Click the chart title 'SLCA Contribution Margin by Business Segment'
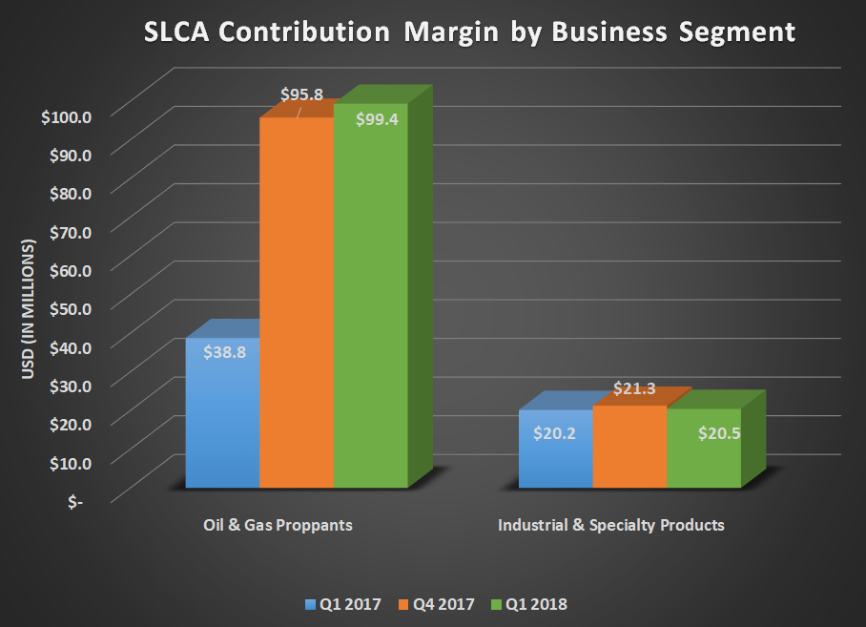(468, 31)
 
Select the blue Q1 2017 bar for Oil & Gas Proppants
(222, 420)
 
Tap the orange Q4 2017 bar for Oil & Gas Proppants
(297, 305)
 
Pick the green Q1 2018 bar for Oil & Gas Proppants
(370, 305)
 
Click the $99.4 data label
(376, 120)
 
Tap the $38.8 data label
(225, 351)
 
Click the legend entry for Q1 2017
(342, 604)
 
